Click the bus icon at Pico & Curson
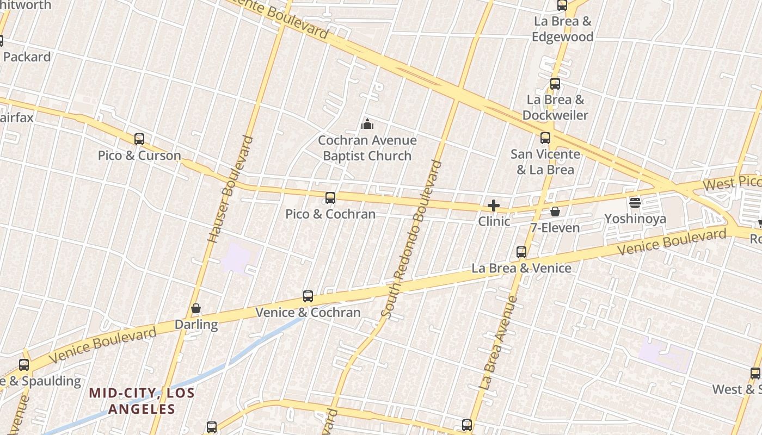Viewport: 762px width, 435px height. click(139, 139)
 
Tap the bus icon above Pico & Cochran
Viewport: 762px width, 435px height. click(330, 198)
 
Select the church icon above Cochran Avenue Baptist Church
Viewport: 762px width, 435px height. click(367, 125)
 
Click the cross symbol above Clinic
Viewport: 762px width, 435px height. click(494, 206)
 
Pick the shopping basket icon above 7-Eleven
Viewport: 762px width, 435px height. click(555, 212)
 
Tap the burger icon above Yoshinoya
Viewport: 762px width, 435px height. click(635, 203)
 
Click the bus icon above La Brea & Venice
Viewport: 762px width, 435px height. click(521, 252)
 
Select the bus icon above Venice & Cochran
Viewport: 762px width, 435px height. click(308, 296)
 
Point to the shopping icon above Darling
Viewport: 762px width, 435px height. click(196, 309)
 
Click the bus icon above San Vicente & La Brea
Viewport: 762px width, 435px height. click(545, 138)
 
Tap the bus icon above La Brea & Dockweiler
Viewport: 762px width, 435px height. click(555, 84)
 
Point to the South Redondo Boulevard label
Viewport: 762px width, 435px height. click(411, 239)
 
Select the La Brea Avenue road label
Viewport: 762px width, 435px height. click(498, 342)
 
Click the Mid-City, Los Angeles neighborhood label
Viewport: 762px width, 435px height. click(142, 400)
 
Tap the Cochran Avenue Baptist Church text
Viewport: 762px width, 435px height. click(367, 148)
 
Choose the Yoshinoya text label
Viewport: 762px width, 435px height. click(635, 219)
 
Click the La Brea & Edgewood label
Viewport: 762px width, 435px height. click(562, 29)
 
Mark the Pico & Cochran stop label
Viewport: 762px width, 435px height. click(330, 214)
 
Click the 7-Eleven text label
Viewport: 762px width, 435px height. click(555, 227)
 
